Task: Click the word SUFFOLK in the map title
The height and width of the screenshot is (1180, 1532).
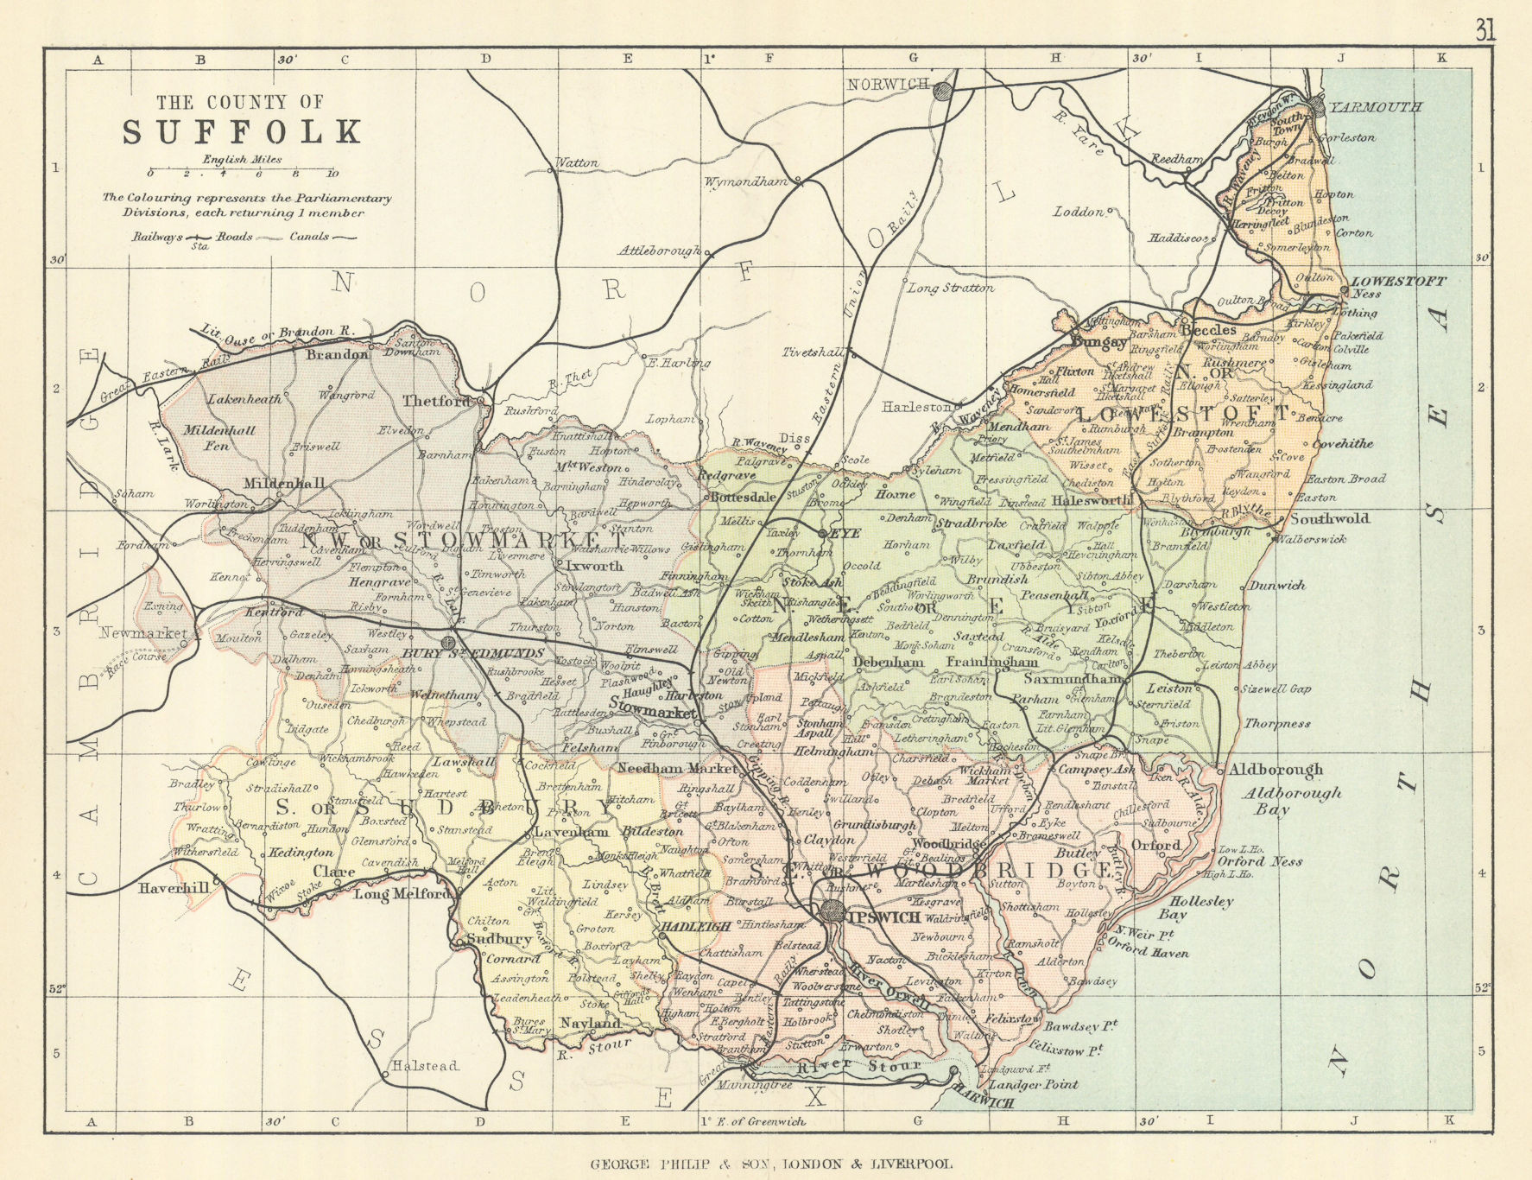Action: coord(241,132)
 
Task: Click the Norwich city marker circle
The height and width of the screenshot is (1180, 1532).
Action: coord(946,91)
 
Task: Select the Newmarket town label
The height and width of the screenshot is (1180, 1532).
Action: coord(142,633)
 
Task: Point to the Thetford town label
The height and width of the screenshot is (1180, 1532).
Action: coord(436,401)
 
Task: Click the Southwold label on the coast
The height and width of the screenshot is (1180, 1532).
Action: coord(1329,519)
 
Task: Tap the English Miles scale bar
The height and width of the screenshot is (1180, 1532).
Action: coord(242,172)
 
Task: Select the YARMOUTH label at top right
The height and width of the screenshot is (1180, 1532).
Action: coord(1376,108)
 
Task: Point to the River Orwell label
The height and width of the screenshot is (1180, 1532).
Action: coord(888,987)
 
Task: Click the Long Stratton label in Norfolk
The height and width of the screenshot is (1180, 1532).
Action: coord(950,288)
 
